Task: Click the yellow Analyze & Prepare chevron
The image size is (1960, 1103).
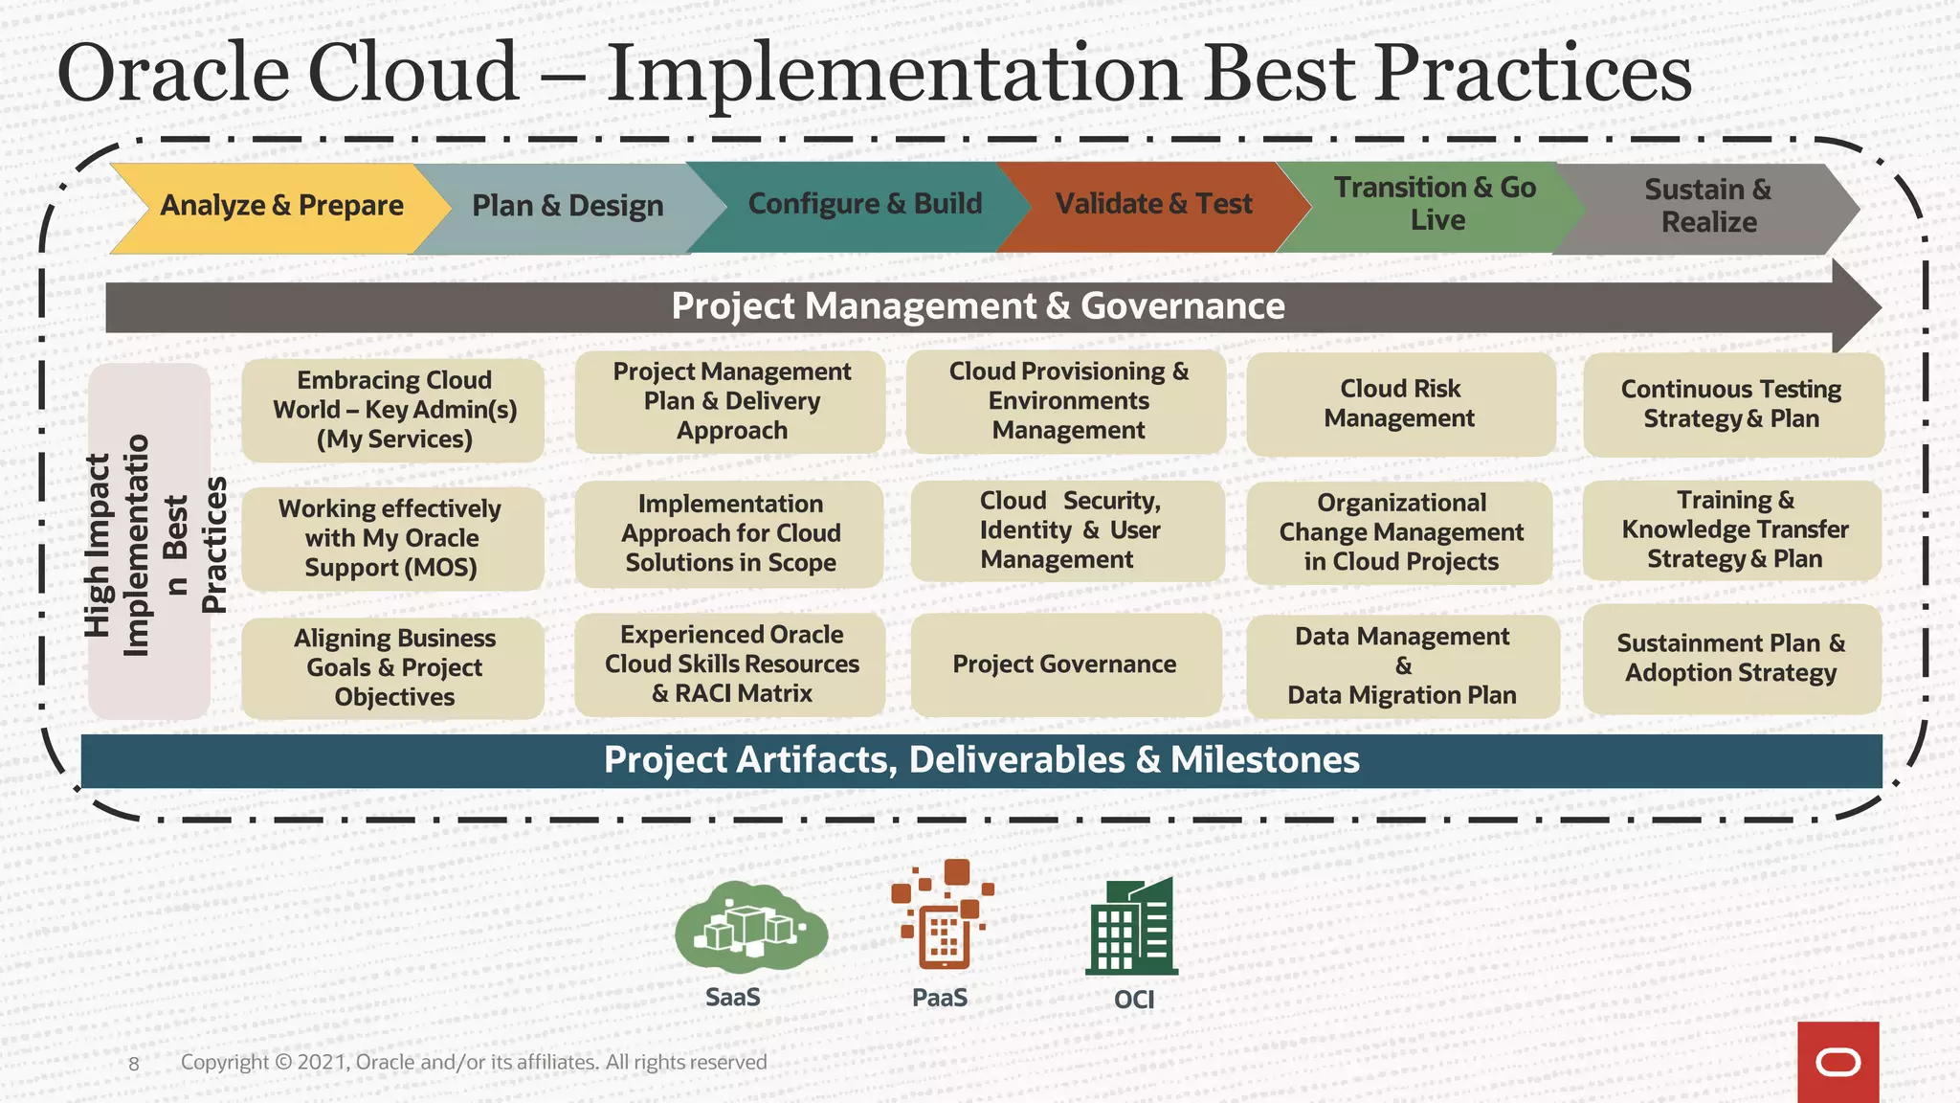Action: point(281,206)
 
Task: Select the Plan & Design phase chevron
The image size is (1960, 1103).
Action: point(568,207)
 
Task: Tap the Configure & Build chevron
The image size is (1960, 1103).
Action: point(864,205)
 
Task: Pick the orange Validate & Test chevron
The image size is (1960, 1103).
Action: point(1153,205)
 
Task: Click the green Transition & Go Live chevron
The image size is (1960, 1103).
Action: point(1435,205)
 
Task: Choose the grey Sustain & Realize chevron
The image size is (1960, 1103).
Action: point(1708,207)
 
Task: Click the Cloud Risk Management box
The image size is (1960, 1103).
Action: point(1400,404)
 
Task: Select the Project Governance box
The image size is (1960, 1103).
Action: point(1065,664)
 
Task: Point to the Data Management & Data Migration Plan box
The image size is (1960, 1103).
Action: point(1402,666)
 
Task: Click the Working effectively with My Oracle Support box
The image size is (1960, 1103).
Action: point(391,538)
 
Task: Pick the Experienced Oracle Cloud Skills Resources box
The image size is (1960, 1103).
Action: point(731,664)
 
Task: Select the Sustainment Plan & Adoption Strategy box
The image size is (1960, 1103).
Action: point(1731,659)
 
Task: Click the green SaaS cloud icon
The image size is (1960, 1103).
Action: point(749,927)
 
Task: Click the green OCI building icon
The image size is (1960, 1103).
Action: point(1132,927)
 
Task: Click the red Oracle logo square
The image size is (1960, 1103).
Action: point(1837,1062)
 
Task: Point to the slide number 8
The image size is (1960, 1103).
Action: point(134,1064)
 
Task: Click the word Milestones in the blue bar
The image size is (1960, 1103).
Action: point(1264,760)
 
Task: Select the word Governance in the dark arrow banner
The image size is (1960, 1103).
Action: point(1182,306)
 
